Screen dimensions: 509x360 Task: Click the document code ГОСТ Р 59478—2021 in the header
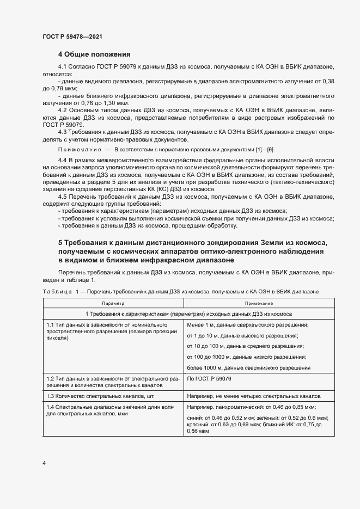[x=72, y=36]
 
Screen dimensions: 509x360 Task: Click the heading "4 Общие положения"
[x=94, y=54]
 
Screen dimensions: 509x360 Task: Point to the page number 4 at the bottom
[x=44, y=463]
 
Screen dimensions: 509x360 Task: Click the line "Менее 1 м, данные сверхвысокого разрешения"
[x=248, y=324]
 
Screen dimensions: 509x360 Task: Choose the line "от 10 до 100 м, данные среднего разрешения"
[x=245, y=346]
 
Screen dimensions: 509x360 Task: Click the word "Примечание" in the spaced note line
[x=80, y=149]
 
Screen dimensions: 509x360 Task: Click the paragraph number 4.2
[x=62, y=110]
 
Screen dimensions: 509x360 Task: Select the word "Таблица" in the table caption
[x=57, y=292]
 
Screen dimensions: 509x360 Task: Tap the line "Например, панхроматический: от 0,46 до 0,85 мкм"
[x=252, y=407]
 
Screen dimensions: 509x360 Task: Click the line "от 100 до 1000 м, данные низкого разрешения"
[x=246, y=357]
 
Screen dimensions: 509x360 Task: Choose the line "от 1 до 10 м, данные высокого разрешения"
[x=242, y=335]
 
